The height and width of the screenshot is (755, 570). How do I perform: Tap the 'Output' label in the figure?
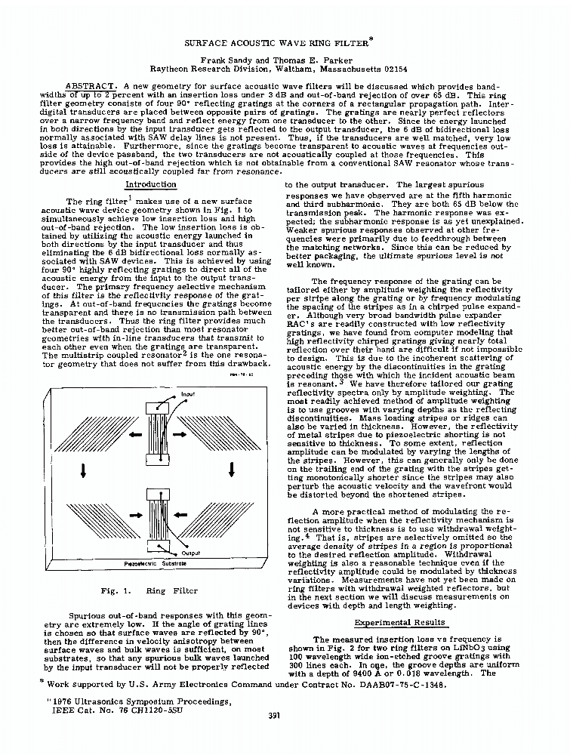[x=191, y=553]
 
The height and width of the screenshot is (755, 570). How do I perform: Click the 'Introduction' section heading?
[x=150, y=184]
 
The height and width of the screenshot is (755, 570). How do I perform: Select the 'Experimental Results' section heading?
[x=400, y=622]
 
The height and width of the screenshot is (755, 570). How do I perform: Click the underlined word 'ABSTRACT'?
[x=91, y=87]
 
